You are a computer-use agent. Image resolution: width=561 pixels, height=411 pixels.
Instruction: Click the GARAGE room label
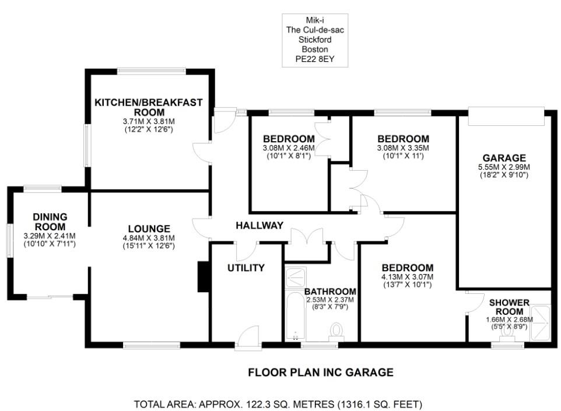click(504, 157)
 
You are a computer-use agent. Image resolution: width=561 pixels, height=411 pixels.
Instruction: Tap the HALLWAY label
click(260, 226)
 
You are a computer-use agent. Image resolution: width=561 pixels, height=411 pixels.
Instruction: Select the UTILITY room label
click(246, 268)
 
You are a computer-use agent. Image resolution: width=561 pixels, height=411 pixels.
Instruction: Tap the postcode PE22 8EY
click(315, 59)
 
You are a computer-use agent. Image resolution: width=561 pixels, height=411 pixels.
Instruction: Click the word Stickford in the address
click(315, 40)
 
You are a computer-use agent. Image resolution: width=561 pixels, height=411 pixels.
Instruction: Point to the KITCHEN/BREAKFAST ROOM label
click(149, 107)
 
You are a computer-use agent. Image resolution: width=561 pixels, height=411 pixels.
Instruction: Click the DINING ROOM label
click(49, 222)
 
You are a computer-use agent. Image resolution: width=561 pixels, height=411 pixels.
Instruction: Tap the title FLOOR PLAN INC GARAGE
click(321, 372)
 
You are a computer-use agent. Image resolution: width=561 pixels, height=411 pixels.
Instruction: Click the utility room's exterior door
click(247, 338)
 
